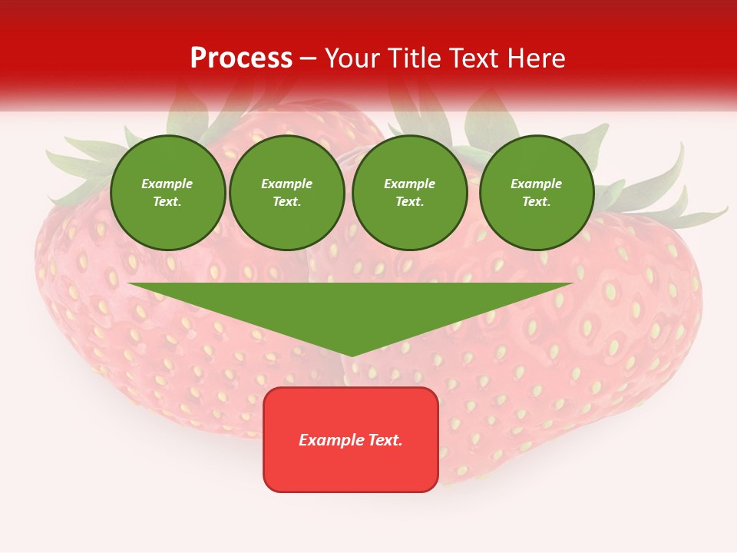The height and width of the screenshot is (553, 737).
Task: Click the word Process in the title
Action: click(x=241, y=58)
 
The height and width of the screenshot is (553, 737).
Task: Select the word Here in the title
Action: click(x=537, y=58)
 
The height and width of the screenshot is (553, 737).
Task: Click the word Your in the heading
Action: click(x=354, y=58)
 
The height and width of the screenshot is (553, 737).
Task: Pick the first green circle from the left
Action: click(x=168, y=193)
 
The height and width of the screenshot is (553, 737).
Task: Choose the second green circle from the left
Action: click(x=287, y=193)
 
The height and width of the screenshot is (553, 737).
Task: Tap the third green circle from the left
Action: click(x=410, y=193)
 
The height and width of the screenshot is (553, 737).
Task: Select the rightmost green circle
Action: click(x=537, y=193)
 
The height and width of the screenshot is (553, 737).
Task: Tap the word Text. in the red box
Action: click(x=384, y=440)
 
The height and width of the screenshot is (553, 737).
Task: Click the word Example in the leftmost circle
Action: click(x=167, y=184)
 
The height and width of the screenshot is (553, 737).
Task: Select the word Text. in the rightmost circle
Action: click(x=537, y=202)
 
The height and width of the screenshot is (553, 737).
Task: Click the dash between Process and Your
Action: click(x=309, y=58)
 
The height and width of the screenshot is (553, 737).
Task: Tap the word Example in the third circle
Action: click(x=410, y=184)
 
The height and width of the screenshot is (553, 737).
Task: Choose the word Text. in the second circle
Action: click(x=287, y=202)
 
